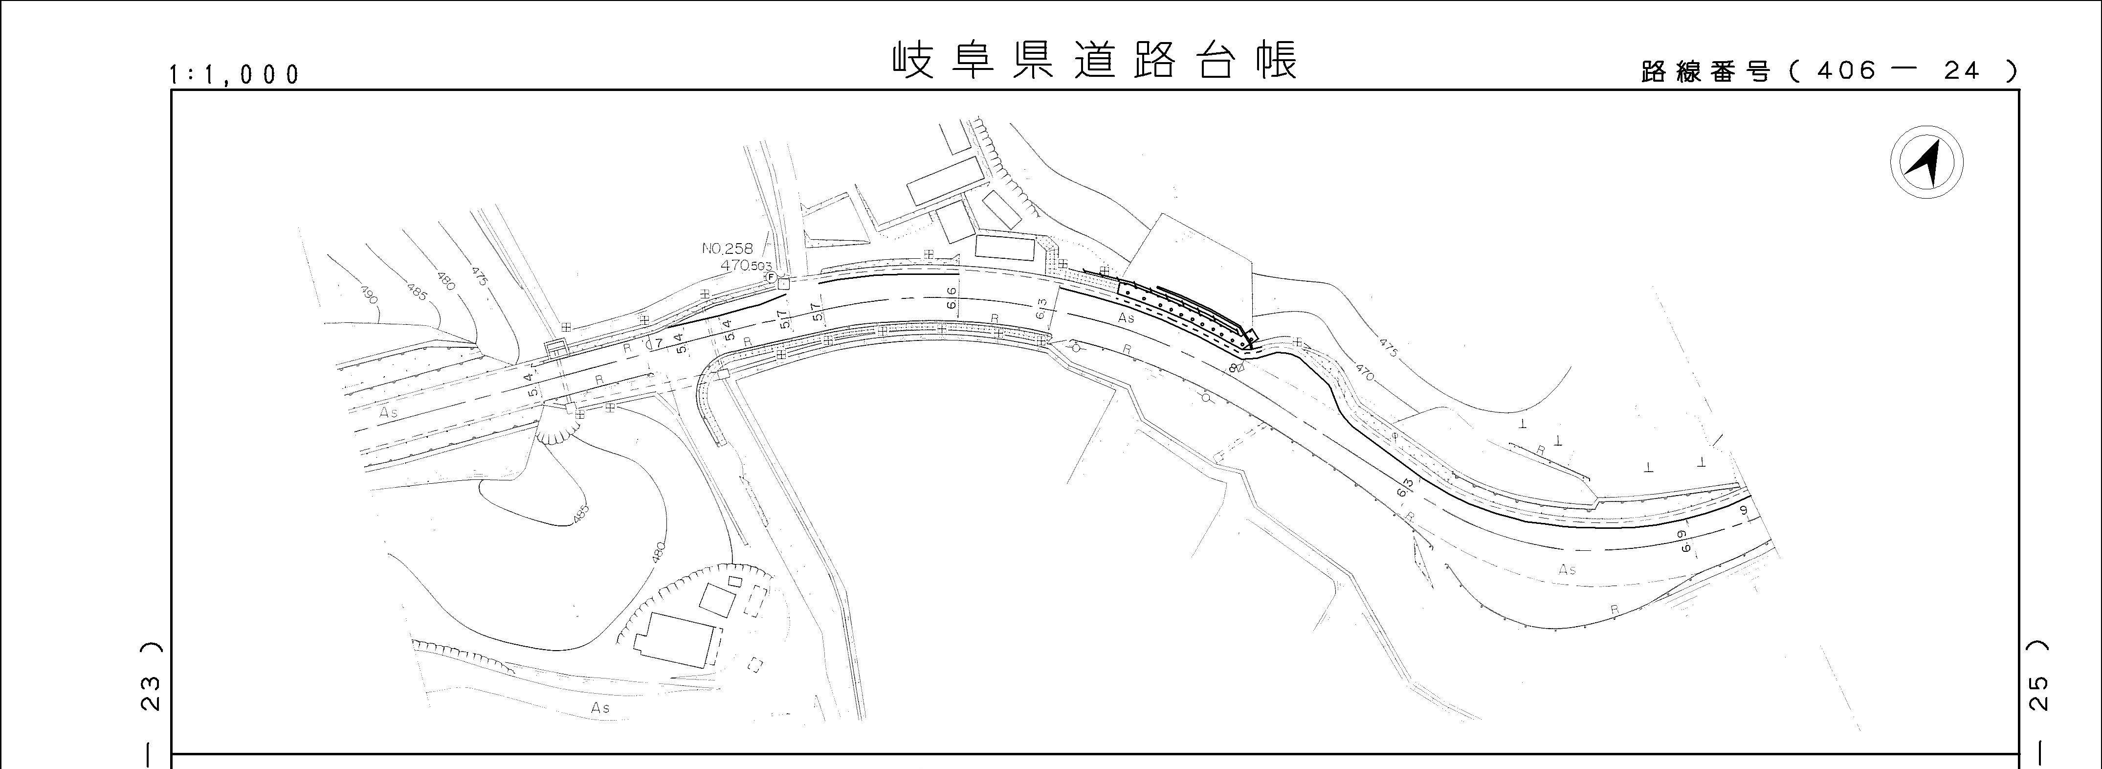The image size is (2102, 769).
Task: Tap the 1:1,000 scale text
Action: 234,75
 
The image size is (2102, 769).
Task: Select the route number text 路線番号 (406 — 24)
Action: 1828,72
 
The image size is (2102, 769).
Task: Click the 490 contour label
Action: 368,294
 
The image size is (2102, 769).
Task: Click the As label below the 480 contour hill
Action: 600,708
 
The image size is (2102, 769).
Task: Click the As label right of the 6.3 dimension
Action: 1126,317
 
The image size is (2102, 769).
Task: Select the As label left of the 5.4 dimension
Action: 388,412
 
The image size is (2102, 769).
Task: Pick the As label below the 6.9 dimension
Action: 1567,569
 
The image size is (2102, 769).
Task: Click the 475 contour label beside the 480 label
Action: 478,276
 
